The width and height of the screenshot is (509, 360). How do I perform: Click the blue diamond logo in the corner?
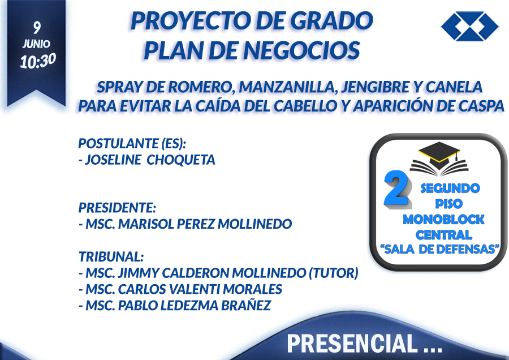pos(470,26)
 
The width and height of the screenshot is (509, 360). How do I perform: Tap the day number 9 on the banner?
pos(37,28)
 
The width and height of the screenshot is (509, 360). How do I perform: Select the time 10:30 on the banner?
pos(38,61)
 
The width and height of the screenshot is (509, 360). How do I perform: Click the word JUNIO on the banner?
pos(36,44)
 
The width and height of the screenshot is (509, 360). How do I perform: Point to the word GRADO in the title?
pos(331,20)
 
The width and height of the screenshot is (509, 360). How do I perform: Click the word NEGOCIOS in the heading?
pos(301,50)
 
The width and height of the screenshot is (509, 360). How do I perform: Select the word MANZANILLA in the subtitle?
pos(287,87)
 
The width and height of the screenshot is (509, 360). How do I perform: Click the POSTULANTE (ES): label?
pos(132,144)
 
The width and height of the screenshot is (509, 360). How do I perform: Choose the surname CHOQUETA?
pos(181,160)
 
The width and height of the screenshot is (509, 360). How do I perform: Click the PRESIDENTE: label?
pos(117,208)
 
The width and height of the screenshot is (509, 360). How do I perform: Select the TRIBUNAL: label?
pos(111,256)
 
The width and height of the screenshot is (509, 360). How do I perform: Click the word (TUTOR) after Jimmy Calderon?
pos(333,273)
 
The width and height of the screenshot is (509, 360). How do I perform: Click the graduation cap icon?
pos(439,158)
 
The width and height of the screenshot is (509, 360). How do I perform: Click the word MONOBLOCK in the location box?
pos(443,220)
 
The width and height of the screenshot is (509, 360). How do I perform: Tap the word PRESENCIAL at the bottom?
pos(352,344)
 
